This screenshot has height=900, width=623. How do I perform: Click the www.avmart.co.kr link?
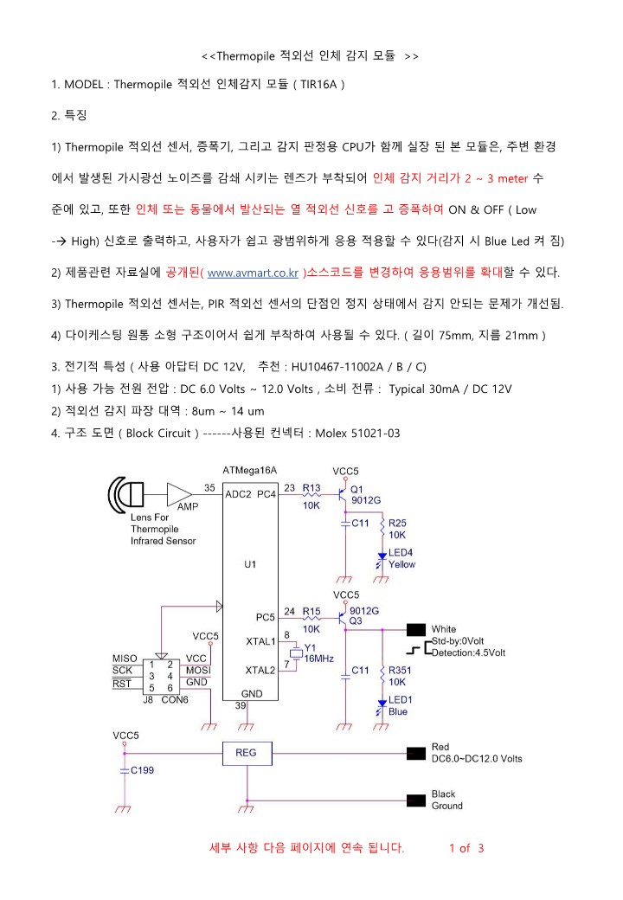click(x=254, y=273)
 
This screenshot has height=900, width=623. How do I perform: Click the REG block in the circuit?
click(x=246, y=753)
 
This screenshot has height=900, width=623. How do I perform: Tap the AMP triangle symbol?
click(x=179, y=494)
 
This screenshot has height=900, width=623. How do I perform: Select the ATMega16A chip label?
click(x=250, y=470)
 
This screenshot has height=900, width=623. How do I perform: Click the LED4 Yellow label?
click(x=401, y=558)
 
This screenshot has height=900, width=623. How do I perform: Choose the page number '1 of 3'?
click(x=466, y=847)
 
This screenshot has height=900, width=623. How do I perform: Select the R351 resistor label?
click(x=401, y=671)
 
